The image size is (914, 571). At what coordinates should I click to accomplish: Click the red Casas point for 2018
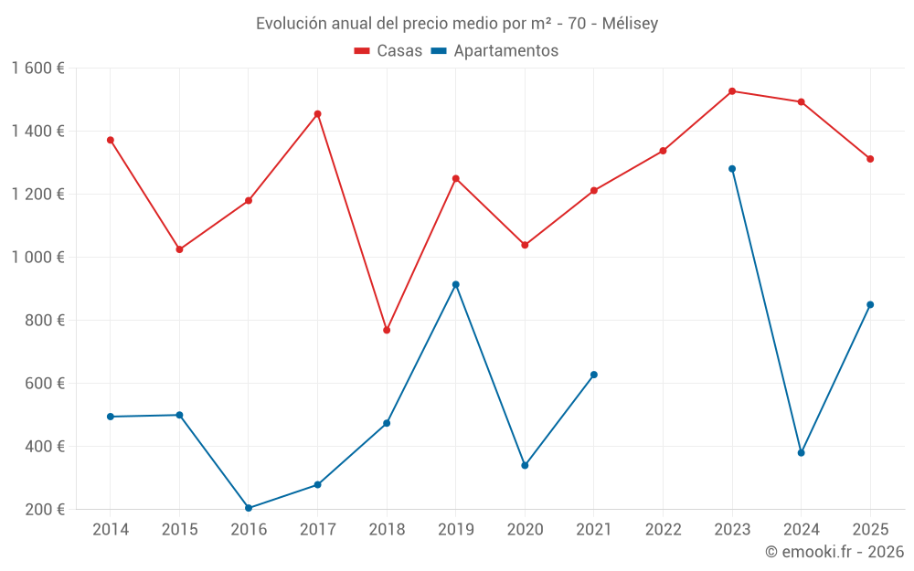387,330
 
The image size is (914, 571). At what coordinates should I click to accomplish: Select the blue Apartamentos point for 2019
456,284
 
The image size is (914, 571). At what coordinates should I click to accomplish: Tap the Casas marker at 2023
732,91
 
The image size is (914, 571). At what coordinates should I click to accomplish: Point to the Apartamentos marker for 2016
249,508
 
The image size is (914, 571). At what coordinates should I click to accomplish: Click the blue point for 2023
732,169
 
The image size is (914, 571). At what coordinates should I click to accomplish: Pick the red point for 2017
317,114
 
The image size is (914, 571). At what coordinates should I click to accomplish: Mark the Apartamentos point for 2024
802,453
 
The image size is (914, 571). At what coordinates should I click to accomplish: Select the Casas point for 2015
179,249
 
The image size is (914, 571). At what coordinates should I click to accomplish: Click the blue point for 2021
594,375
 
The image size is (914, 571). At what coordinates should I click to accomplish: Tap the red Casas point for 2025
870,159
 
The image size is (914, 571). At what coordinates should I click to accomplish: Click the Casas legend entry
388,51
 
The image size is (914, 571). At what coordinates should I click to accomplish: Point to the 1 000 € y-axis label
38,258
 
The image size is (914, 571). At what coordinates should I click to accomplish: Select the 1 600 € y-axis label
38,69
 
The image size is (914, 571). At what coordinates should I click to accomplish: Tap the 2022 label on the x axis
663,530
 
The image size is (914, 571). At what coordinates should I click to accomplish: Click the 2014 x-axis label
111,530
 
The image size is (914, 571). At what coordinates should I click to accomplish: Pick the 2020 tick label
525,530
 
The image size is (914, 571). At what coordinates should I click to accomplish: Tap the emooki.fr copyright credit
834,552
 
